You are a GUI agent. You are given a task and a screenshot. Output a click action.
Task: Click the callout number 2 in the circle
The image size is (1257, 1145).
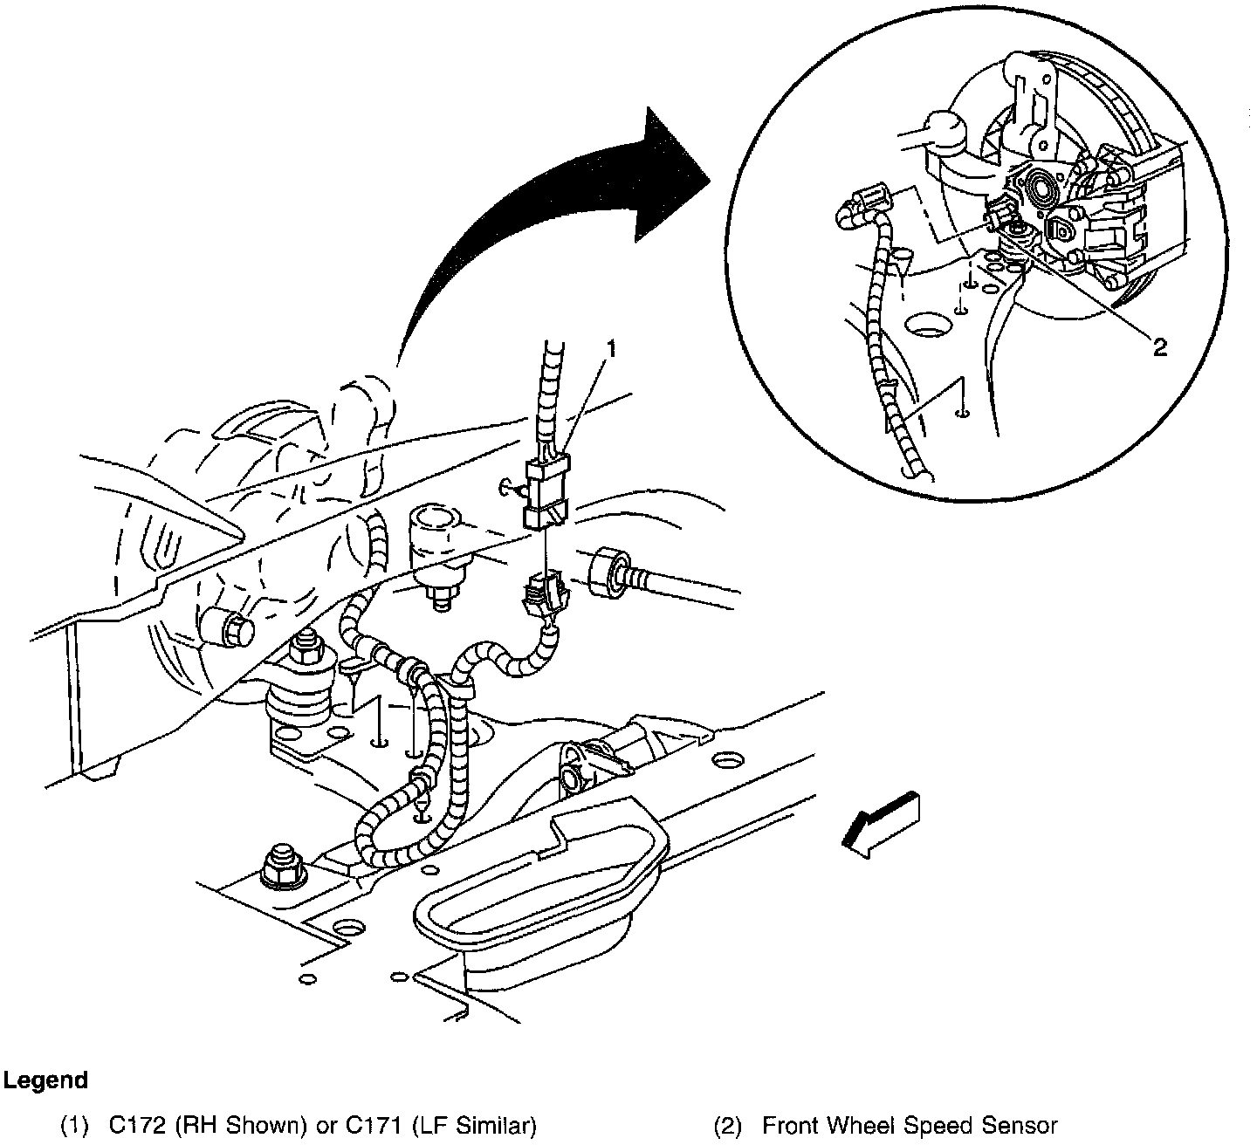point(1159,348)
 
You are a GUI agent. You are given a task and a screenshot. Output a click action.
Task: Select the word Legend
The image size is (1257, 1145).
point(45,1080)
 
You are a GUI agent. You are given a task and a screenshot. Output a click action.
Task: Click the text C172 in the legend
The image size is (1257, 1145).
point(137,1126)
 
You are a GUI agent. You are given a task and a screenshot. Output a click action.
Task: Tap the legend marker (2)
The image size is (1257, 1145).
point(727,1126)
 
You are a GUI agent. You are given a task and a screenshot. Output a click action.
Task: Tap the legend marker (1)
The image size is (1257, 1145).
point(74,1126)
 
